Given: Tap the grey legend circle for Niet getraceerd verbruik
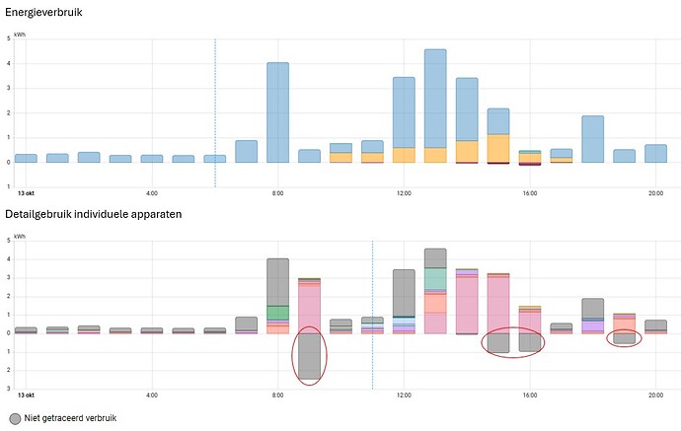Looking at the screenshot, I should coord(15,418).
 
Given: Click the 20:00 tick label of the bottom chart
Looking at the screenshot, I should coord(655,395).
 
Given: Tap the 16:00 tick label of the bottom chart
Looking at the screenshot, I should coord(529,395).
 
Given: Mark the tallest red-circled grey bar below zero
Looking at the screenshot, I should coord(309,355).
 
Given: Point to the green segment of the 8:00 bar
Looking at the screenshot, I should coord(277,313).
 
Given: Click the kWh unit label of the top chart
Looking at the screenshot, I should coord(20,35).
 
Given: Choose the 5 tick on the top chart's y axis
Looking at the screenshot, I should coord(8,38).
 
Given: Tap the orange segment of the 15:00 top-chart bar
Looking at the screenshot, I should coord(498,148).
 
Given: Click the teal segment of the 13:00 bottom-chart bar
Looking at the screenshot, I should coord(435,278).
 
